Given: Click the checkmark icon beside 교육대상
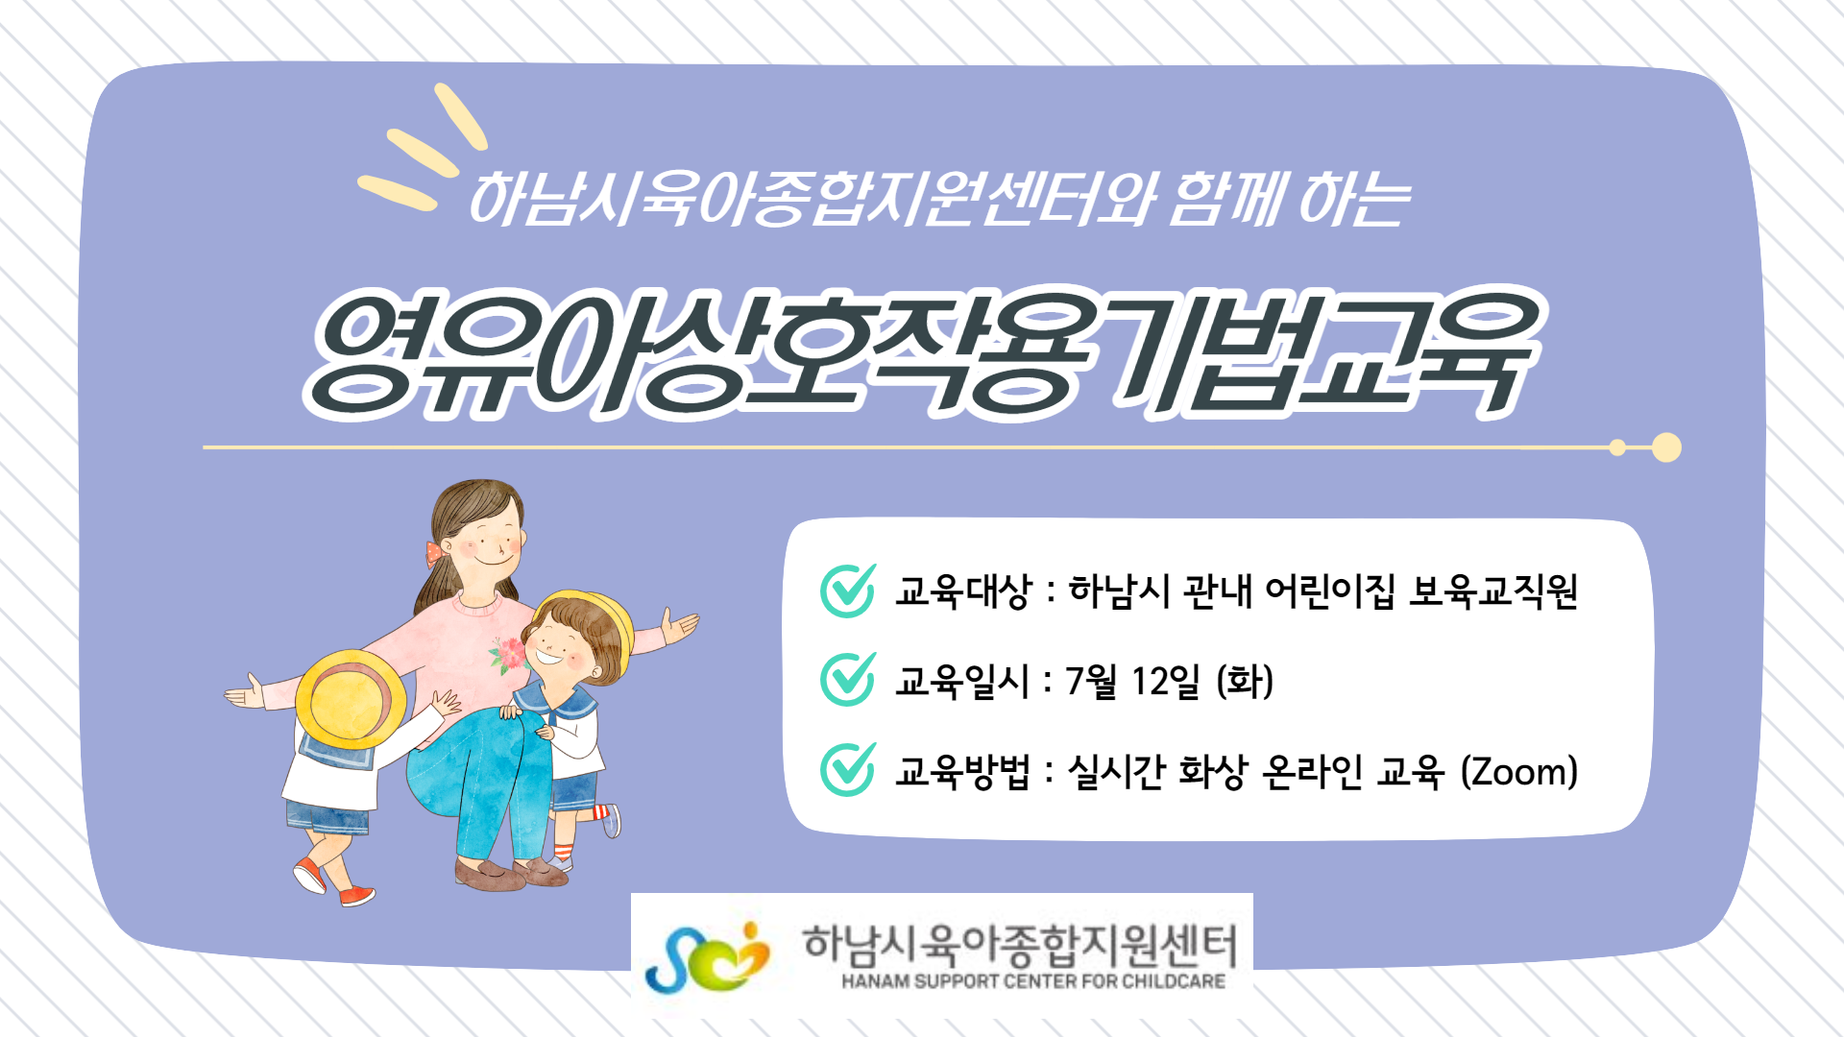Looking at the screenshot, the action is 848,591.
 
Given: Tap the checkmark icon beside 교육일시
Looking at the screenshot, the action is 848,680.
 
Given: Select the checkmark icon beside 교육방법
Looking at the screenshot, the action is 848,770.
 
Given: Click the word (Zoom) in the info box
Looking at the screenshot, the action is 1519,771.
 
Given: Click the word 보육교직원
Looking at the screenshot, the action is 1493,591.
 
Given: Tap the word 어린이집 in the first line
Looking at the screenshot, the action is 1329,591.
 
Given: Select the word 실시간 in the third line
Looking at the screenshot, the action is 1116,771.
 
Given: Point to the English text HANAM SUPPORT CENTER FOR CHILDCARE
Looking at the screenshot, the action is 1033,981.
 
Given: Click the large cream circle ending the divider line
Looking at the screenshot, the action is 1666,447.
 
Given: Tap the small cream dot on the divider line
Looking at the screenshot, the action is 1617,447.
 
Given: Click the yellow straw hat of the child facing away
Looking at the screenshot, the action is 350,699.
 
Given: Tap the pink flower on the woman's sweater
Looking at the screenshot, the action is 509,655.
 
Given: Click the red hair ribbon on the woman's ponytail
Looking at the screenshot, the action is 435,554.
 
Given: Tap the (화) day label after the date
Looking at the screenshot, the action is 1245,682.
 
